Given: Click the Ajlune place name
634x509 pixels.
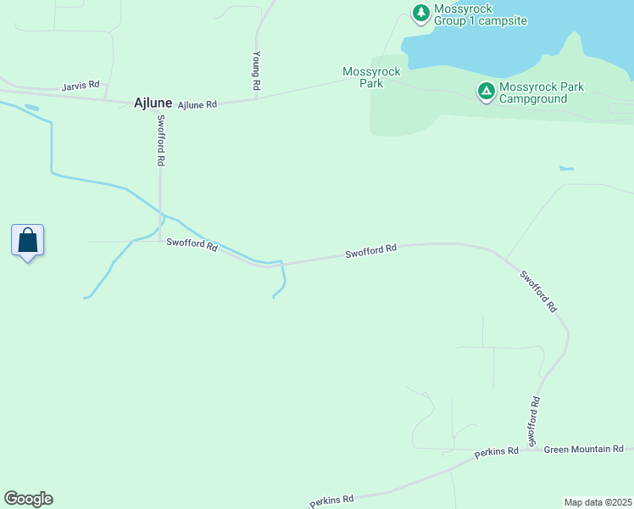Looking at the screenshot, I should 153,103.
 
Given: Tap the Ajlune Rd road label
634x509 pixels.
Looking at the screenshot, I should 197,104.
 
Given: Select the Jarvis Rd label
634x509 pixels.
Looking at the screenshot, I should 81,86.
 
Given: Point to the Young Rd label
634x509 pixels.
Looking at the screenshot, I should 255,71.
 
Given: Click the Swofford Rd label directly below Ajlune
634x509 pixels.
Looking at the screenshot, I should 160,140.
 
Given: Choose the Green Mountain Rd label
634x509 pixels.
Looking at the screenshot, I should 584,449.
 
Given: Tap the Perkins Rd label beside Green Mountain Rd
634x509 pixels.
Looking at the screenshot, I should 496,452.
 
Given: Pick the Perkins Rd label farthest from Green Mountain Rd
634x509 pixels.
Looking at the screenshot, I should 331,501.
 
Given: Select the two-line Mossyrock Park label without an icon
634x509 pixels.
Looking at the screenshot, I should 371,77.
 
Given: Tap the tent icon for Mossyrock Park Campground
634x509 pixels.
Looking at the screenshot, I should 486,90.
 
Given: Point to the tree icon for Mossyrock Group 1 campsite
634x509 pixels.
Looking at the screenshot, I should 420,12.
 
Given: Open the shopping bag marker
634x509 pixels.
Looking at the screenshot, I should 28,240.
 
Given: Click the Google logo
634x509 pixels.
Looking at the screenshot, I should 28,499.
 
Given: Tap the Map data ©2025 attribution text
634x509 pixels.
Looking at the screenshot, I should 598,502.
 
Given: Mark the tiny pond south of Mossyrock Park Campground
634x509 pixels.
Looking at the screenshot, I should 566,168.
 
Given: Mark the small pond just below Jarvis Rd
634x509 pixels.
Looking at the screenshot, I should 31,108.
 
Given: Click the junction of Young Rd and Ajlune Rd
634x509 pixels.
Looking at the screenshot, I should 256,99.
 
